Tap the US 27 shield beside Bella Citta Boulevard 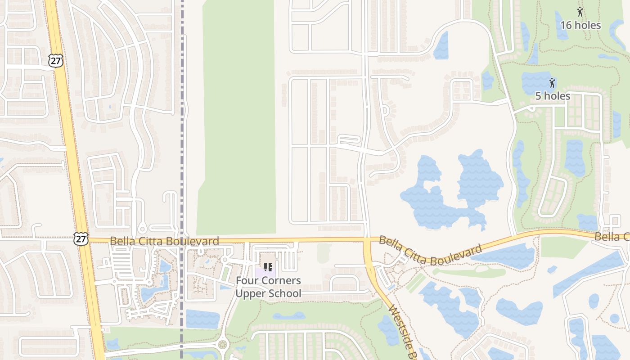pos(81,239)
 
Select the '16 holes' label pos(580,25)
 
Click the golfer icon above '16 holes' pos(580,12)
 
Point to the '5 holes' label pos(553,96)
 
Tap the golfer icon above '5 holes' pos(552,83)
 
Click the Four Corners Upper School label pos(269,287)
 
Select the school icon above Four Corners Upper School pos(268,268)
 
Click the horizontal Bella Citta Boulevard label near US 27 pos(164,241)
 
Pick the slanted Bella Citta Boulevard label pos(430,251)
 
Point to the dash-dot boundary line pos(182,135)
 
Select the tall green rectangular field pos(237,117)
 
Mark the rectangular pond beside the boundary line pos(202,319)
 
